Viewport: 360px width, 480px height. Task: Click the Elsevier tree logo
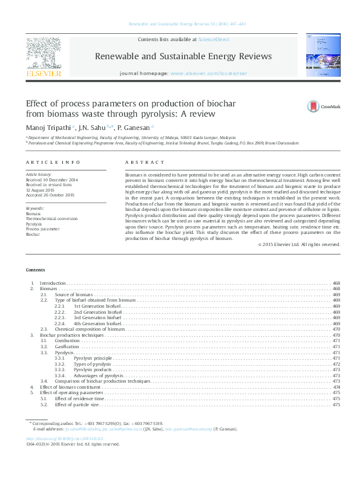pyautogui.click(x=43, y=53)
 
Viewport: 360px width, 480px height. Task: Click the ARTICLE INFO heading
pyautogui.click(x=53, y=163)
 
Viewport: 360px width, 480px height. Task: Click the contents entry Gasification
pyautogui.click(x=67, y=346)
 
